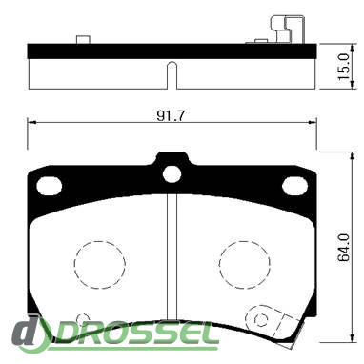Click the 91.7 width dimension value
(171, 116)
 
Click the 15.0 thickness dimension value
(344, 67)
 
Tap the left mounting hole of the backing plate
(49, 186)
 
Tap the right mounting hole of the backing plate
(294, 186)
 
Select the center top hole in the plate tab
(172, 174)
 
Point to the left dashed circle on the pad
(100, 265)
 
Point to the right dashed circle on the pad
(245, 265)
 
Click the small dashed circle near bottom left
(83, 318)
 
